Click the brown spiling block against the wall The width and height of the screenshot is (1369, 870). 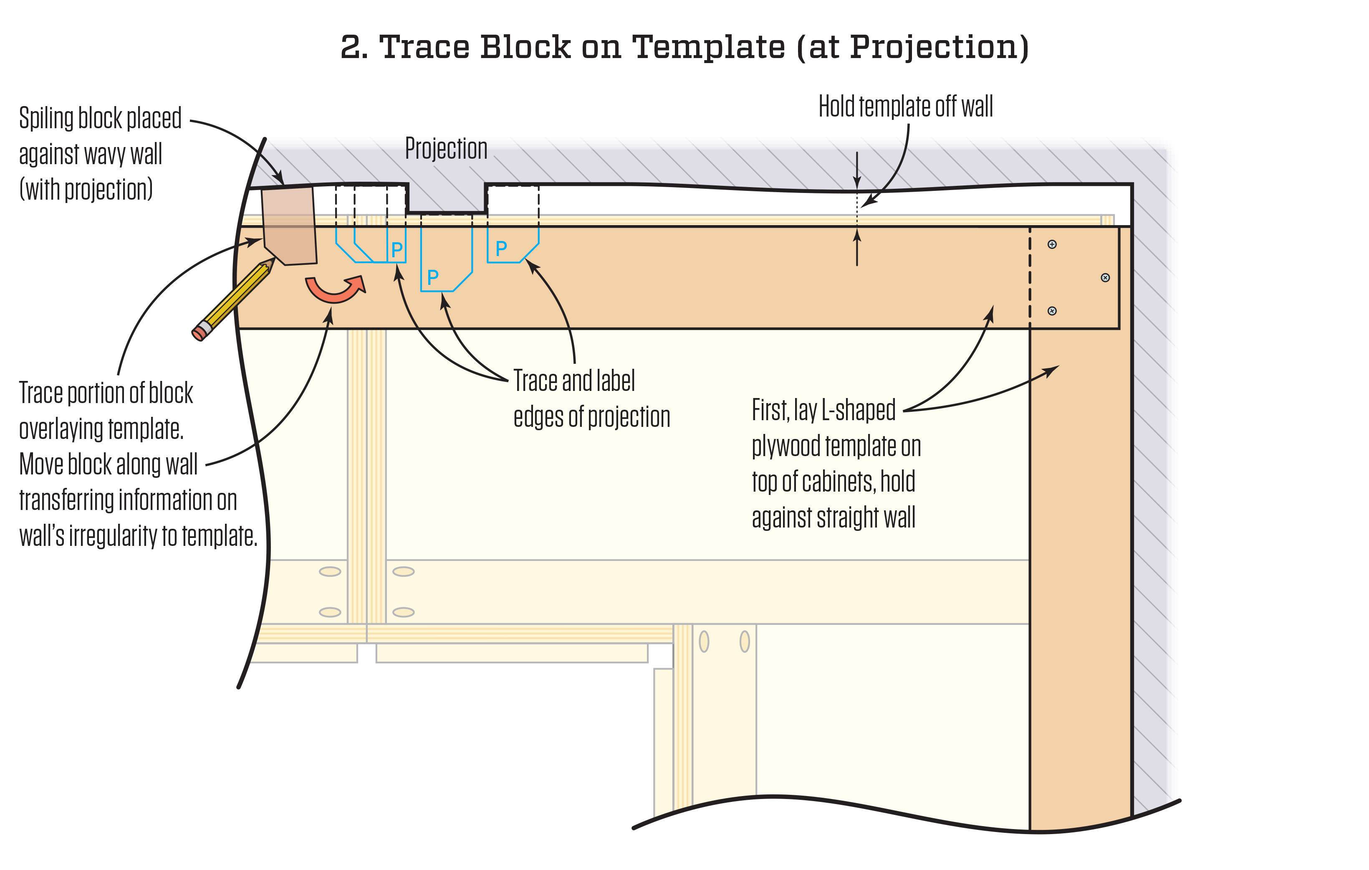pos(289,226)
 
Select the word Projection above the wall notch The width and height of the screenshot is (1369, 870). pos(446,149)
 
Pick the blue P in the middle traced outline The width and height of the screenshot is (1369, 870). pos(433,277)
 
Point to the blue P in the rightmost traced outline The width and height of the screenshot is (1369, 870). pos(501,248)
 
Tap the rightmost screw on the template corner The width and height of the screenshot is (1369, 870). pos(1105,278)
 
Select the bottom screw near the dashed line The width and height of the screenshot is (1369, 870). pos(1052,311)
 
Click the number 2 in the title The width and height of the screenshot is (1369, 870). pos(353,47)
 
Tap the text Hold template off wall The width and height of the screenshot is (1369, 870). pos(905,107)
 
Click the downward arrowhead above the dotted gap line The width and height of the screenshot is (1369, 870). pos(857,182)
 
